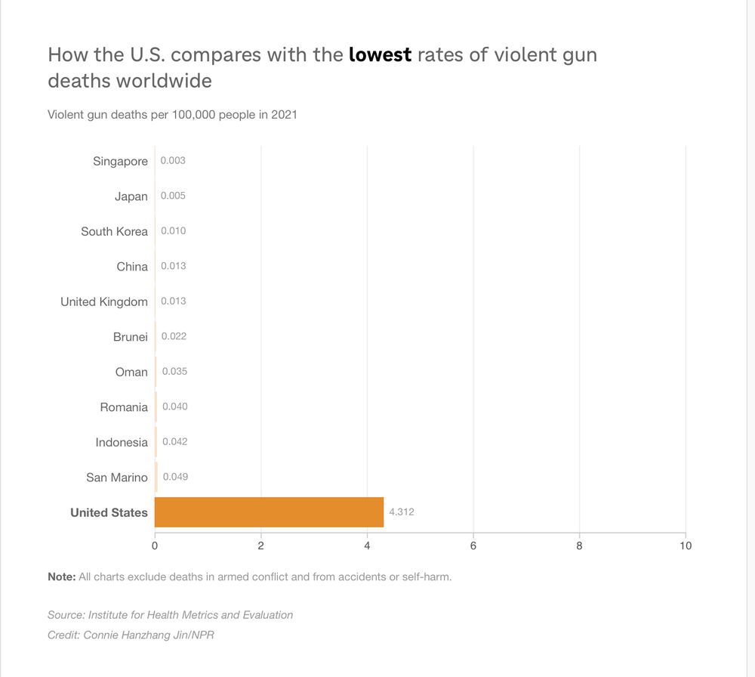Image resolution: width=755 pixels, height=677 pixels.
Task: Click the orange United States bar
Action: coord(269,512)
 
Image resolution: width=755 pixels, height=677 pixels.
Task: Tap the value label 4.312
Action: coord(402,512)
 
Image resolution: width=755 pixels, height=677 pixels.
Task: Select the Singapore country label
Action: coord(120,161)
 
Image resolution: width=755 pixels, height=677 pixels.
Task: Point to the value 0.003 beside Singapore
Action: coord(173,161)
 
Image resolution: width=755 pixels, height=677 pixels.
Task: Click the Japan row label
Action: coord(131,196)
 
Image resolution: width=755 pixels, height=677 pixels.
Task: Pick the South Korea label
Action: coord(114,231)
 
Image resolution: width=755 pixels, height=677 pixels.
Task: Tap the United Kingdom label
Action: coord(104,301)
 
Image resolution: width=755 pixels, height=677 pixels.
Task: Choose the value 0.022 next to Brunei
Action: coord(174,336)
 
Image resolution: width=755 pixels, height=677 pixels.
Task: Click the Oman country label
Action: coord(131,372)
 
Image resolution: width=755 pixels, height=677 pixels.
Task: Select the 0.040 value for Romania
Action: coord(174,407)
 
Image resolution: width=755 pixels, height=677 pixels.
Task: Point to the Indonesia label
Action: coord(122,442)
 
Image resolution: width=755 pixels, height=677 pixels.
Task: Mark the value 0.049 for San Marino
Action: coord(175,477)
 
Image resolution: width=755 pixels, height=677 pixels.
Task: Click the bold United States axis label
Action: coord(109,512)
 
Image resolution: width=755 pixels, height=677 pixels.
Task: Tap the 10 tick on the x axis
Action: coord(685,546)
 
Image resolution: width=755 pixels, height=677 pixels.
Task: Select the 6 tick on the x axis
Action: coord(473,546)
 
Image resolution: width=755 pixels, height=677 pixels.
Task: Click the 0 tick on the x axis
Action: coord(155,546)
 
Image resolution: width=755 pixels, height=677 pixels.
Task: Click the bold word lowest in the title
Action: coord(380,55)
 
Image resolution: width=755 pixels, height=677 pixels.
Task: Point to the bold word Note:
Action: coord(62,577)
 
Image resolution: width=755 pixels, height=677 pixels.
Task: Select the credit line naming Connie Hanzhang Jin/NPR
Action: coord(131,635)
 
